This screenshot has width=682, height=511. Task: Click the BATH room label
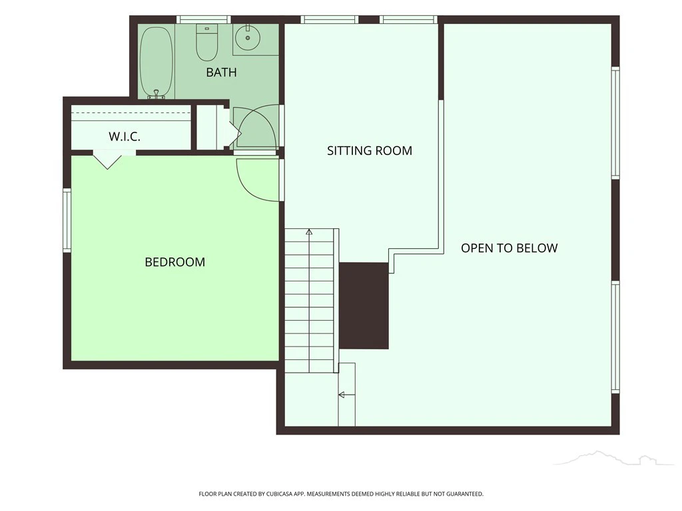(221, 72)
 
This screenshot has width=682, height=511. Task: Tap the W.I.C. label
(125, 137)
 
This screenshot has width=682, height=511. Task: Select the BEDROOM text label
(175, 262)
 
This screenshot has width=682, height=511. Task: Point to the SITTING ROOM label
(370, 151)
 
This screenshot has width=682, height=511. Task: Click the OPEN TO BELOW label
(510, 248)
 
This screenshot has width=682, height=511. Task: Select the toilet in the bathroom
(206, 43)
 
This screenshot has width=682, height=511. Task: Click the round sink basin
(248, 37)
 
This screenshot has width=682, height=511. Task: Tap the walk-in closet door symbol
(107, 160)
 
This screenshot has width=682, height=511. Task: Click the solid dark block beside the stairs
(364, 305)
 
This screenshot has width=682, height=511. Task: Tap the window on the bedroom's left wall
(67, 220)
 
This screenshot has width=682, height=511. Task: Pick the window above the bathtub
(203, 19)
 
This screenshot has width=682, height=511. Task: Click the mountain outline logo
(617, 458)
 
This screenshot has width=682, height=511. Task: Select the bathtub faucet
(156, 94)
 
